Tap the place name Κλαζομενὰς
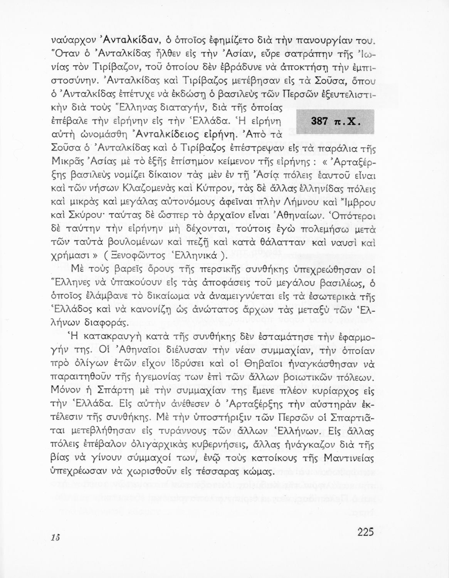tap(175, 189)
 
